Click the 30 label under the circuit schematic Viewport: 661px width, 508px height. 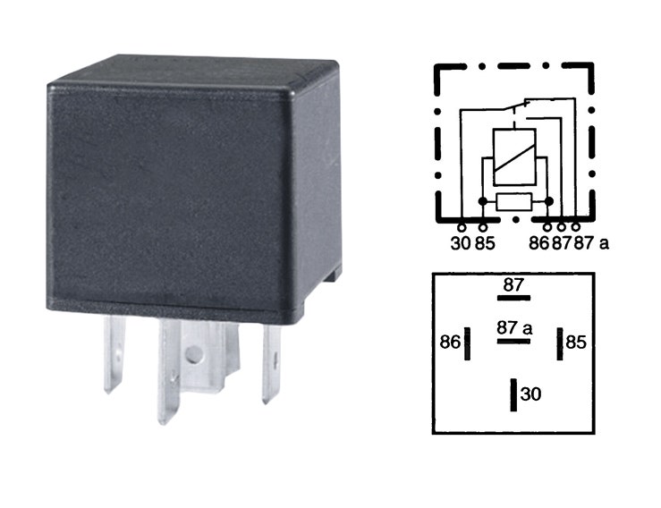(460, 243)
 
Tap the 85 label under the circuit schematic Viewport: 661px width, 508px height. (485, 243)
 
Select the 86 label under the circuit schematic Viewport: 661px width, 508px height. (539, 243)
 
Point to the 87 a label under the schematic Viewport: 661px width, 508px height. (592, 243)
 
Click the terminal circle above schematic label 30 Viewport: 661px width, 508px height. (462, 228)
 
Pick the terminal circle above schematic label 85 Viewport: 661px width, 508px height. (483, 228)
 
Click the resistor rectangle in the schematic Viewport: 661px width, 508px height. (514, 201)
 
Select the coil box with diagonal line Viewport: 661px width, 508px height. (514, 157)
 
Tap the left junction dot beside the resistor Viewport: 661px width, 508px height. (483, 201)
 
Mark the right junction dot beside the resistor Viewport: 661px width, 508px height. (548, 201)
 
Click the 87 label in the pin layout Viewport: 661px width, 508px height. (513, 285)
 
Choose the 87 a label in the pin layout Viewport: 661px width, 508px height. (514, 327)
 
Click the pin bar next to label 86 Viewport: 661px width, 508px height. (467, 343)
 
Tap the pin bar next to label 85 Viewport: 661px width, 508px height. (560, 343)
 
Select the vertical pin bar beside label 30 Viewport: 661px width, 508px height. (513, 395)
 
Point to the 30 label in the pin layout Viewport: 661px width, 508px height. (530, 394)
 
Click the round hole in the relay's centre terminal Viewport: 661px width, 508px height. (193, 354)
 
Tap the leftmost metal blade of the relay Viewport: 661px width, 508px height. (114, 354)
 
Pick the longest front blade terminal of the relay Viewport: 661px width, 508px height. (169, 371)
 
